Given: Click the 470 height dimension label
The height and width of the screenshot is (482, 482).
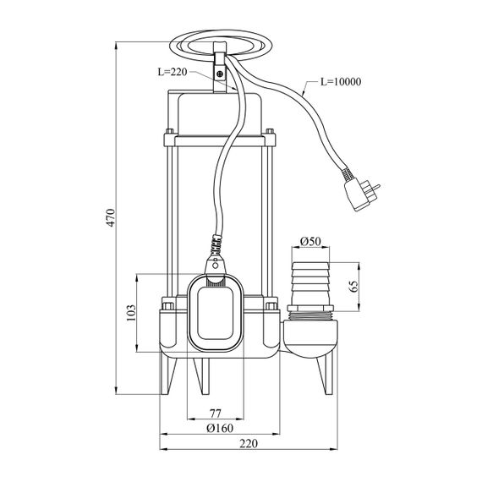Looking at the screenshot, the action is (111, 217).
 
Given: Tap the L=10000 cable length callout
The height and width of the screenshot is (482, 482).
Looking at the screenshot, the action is (341, 82).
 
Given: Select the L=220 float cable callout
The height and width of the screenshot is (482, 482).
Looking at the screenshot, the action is (173, 72).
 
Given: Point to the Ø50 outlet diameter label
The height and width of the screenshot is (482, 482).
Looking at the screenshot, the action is (309, 241).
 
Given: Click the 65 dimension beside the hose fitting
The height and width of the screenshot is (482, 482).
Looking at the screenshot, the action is (353, 287).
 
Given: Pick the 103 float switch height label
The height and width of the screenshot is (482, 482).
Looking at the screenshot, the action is (131, 313).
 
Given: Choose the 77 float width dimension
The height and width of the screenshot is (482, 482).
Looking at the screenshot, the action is (215, 414).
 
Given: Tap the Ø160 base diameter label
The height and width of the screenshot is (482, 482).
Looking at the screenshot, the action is (220, 428).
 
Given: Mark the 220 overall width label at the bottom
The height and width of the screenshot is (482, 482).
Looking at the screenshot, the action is (249, 444).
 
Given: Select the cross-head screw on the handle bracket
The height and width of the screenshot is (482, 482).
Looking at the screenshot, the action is (220, 74).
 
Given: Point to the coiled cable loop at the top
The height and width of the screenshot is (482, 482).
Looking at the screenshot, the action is (221, 46).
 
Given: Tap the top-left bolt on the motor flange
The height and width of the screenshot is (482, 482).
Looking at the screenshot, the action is (169, 132).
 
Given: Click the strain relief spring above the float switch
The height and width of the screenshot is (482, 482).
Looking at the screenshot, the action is (216, 245).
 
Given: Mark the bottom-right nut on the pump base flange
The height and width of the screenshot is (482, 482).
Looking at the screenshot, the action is (271, 306).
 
